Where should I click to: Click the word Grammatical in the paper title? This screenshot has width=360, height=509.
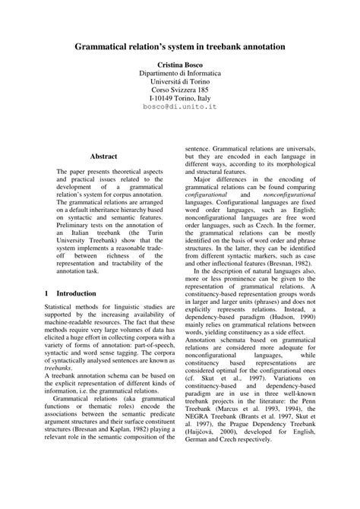[107, 47]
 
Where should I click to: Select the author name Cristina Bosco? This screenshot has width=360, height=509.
[180, 67]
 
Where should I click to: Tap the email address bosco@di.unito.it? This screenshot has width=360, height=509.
[180, 108]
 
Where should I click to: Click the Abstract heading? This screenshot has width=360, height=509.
[104, 156]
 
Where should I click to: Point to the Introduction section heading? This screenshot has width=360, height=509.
[75, 292]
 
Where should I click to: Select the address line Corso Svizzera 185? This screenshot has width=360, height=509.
[180, 87]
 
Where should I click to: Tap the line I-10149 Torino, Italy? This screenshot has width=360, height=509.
[180, 97]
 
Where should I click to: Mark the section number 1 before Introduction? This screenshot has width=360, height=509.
[48, 292]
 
